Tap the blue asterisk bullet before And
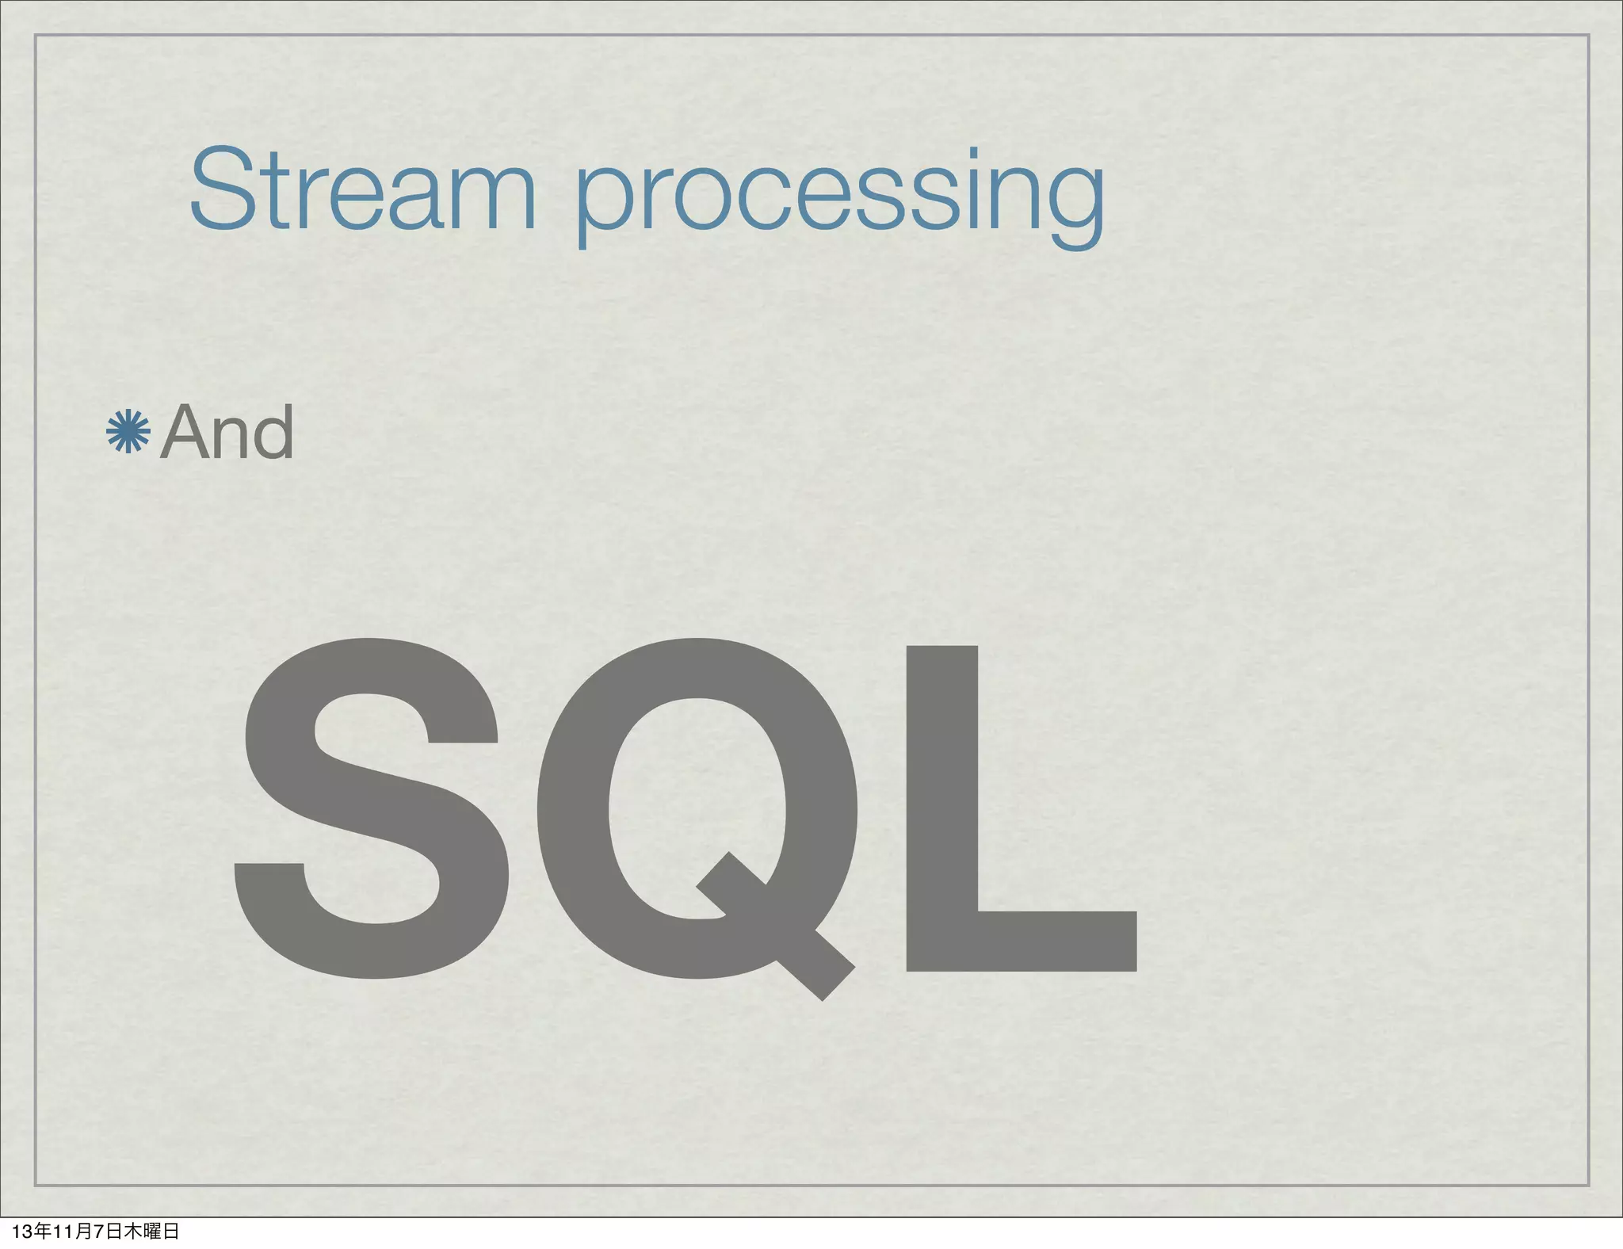[128, 432]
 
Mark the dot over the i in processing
[973, 152]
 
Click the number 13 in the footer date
[22, 1232]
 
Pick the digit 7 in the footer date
[99, 1232]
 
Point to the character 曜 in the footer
[151, 1232]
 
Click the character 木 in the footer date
[132, 1232]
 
